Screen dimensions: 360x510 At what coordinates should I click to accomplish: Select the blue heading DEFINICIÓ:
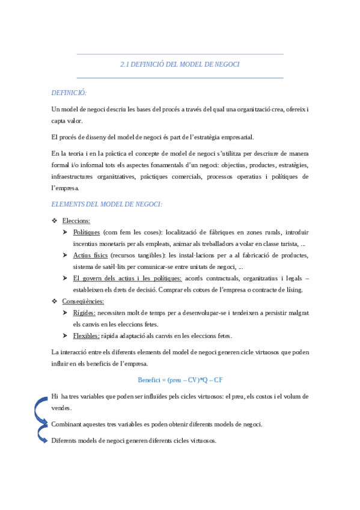click(70, 93)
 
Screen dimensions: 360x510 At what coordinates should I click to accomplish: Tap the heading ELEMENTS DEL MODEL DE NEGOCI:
click(107, 204)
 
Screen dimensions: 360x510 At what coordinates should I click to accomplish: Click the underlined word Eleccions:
click(76, 221)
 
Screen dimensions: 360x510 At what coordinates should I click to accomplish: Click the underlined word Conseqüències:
click(83, 301)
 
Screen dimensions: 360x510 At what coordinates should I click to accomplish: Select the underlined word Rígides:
click(84, 313)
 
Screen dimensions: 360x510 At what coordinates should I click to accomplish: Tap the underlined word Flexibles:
click(87, 336)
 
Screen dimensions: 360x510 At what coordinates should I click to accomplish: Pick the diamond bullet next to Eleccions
click(55, 221)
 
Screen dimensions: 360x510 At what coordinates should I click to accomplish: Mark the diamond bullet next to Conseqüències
click(55, 301)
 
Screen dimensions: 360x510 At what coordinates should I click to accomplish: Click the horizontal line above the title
click(180, 54)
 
